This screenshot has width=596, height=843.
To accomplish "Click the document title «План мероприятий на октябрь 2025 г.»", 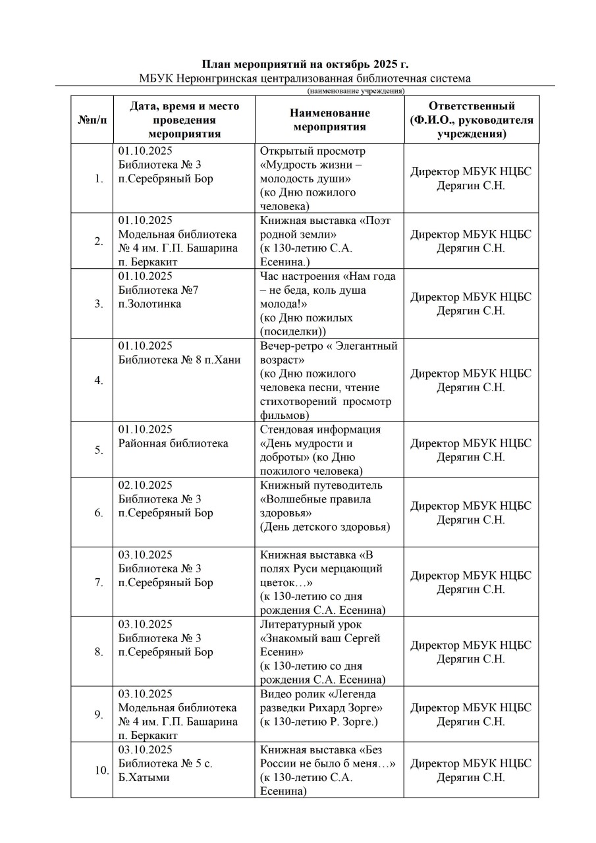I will (304, 64).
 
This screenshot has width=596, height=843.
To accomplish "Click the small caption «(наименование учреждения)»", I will (356, 91).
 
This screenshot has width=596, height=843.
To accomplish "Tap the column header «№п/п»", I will (92, 120).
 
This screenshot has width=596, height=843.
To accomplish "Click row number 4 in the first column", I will (99, 381).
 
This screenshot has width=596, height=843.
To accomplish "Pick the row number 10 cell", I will (101, 771).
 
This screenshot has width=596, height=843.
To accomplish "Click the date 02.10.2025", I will (146, 485).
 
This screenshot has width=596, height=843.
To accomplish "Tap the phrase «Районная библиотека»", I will (173, 443).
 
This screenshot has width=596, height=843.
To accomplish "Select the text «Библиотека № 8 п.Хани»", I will (179, 360).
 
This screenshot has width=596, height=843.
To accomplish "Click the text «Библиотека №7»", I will (158, 290).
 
